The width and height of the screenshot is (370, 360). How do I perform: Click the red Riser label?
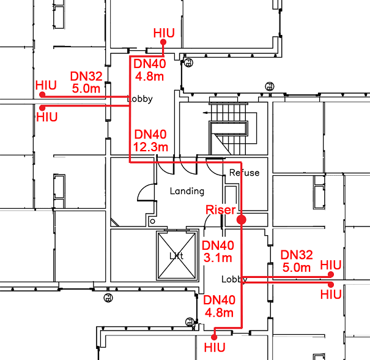221,210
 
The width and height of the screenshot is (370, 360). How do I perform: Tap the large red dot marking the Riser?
241,219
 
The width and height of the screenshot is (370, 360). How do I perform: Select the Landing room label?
187,191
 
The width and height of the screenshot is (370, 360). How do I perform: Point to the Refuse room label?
244,173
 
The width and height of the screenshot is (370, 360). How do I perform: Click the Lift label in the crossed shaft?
176,256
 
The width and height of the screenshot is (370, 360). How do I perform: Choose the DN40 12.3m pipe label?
150,140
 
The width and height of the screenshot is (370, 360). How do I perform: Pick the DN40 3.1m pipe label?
218,251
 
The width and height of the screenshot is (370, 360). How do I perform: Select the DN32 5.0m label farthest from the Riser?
86,82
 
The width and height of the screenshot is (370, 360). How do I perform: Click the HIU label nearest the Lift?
214,347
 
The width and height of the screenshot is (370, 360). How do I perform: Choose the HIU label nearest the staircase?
164,32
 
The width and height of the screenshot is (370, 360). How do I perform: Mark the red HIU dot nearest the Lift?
214,337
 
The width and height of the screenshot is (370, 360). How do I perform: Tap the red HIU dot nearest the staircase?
163,42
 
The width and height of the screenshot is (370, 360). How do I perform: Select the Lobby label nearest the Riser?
233,279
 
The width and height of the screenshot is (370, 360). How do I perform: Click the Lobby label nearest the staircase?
139,99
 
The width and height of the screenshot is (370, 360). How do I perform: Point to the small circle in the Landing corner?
152,219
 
